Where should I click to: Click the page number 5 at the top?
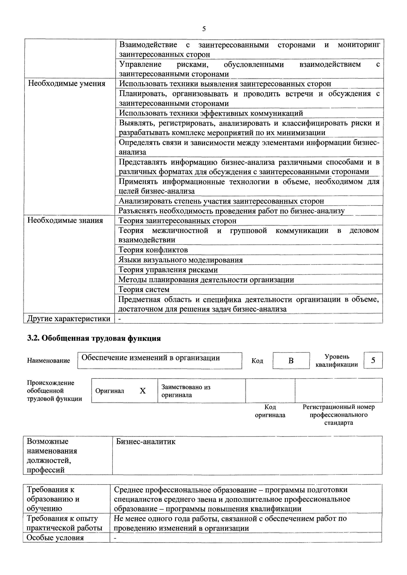click(204, 29)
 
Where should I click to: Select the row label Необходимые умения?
click(66, 84)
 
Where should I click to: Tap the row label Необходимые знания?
click(65, 220)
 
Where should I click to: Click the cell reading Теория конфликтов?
click(153, 250)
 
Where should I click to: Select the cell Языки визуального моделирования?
click(181, 260)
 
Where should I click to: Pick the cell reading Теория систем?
click(144, 289)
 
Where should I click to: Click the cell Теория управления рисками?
click(168, 270)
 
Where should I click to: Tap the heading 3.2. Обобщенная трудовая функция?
click(94, 338)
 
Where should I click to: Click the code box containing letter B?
click(291, 361)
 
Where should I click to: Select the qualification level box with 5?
click(373, 360)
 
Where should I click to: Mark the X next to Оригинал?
click(143, 391)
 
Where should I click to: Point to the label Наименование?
click(48, 361)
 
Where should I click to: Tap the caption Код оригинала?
click(270, 411)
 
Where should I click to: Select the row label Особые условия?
click(55, 538)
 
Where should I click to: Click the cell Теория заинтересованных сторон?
click(177, 221)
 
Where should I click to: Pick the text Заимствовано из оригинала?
click(186, 391)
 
